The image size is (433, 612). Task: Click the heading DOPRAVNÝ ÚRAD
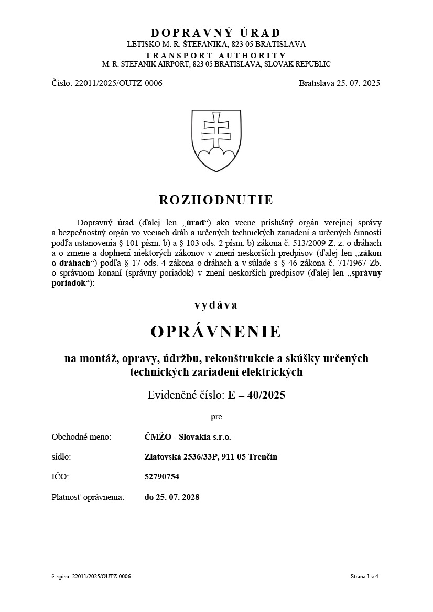pos(216,33)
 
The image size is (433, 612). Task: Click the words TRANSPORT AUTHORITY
pos(216,56)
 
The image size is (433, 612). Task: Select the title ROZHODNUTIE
pos(216,200)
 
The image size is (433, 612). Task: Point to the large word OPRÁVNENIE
pos(216,332)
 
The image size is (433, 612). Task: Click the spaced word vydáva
pos(216,305)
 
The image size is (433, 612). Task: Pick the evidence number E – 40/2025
pos(257,395)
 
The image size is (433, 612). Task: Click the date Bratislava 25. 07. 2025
pos(339,83)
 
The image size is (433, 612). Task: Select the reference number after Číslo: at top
pos(119,83)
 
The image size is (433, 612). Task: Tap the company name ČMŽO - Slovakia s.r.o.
pos(188,436)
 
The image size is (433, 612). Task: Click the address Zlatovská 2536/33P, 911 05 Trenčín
pos(211,456)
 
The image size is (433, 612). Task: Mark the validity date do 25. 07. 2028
pos(172,497)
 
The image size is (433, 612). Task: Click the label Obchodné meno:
pos(81,436)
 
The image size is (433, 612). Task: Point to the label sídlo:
pos(61,456)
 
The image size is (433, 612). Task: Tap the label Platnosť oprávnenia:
pos(88,497)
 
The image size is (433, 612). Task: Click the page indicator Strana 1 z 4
pos(364,577)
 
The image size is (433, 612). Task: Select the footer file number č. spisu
pos(91,577)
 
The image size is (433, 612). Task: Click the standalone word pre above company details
pos(216,417)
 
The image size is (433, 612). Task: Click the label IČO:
pos(60,477)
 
